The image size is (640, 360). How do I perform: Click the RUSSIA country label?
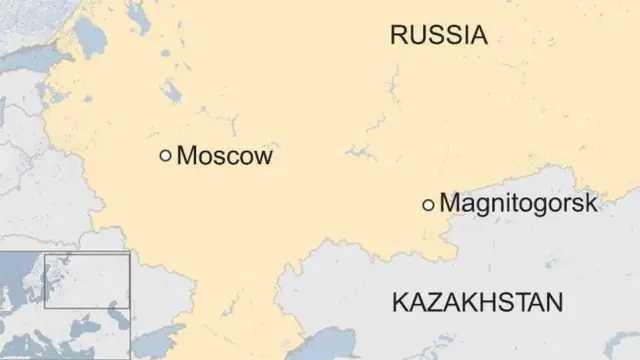438,37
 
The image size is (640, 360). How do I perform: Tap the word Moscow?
223,156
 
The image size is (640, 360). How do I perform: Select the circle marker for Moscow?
165,155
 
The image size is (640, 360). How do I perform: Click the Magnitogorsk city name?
518,203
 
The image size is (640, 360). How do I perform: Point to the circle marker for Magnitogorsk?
428,204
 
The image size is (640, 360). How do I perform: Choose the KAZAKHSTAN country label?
478,302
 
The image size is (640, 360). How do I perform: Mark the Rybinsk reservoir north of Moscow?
173,93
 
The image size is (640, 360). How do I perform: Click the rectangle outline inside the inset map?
86,280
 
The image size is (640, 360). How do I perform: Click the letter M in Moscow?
186,156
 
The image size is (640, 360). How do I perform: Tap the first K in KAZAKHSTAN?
400,302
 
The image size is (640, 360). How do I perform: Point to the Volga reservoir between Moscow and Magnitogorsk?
360,153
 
